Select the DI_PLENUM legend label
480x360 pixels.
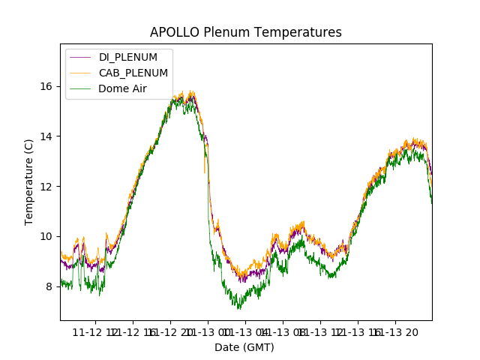(128, 57)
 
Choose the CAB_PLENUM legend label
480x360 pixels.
(133, 73)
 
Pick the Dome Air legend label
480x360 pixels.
(122, 88)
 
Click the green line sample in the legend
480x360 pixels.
(80, 88)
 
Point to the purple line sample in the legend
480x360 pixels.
(80, 57)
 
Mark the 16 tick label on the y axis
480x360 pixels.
(46, 86)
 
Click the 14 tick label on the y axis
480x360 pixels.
(46, 136)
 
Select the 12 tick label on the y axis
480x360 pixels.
(46, 186)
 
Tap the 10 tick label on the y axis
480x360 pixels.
(46, 236)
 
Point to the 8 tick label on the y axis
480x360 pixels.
(49, 286)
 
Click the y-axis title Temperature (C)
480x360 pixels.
(29, 181)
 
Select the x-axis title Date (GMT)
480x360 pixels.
(244, 347)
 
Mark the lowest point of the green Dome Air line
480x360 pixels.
(239, 308)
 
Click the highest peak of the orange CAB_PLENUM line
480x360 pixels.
(192, 91)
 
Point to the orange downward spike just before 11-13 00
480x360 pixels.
(204, 172)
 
